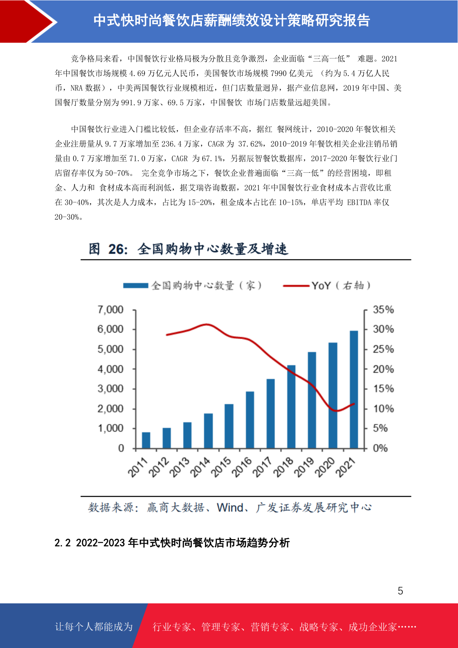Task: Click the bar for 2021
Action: [354, 389]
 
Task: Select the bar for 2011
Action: [146, 440]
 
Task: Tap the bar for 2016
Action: [250, 420]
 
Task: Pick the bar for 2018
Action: [291, 407]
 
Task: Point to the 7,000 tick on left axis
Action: [110, 310]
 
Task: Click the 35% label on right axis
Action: [383, 310]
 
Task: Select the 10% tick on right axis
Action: [383, 409]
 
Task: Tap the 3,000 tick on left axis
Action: [110, 389]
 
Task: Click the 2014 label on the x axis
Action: [200, 467]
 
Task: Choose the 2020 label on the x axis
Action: [325, 467]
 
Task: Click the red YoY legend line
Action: [296, 286]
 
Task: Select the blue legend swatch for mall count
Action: [135, 286]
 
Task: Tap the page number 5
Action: [400, 591]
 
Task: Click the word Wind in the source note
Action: [230, 508]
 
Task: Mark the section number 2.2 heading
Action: [63, 543]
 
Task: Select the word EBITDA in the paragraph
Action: [360, 202]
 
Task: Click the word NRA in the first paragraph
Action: [77, 88]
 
